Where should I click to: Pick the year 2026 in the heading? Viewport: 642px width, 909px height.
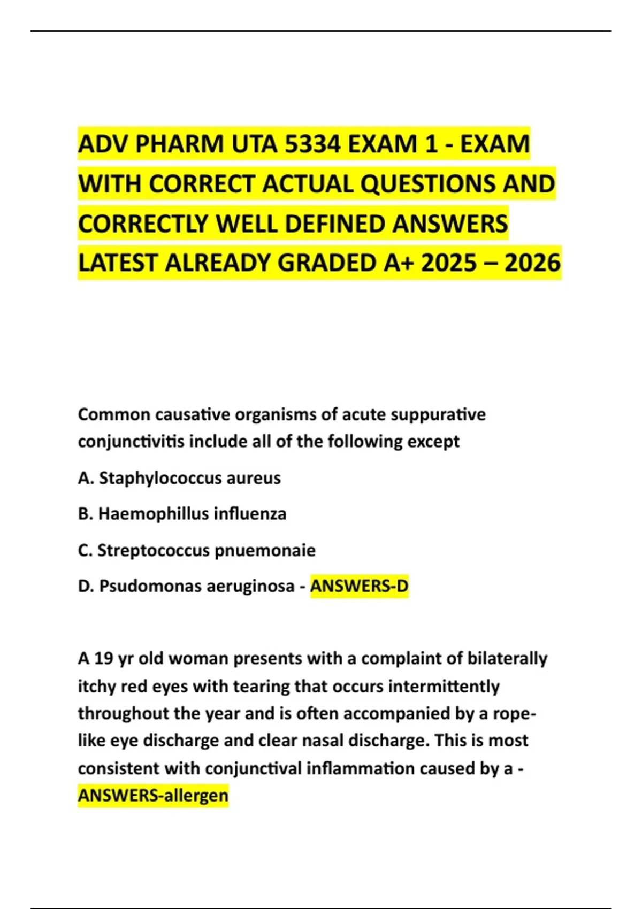[x=532, y=263]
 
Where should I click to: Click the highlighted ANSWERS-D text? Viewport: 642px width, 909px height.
[x=359, y=586]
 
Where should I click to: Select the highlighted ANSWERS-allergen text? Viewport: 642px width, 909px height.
[x=153, y=795]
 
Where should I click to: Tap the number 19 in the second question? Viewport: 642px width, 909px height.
[x=103, y=658]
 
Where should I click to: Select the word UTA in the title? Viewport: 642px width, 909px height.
[x=255, y=144]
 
